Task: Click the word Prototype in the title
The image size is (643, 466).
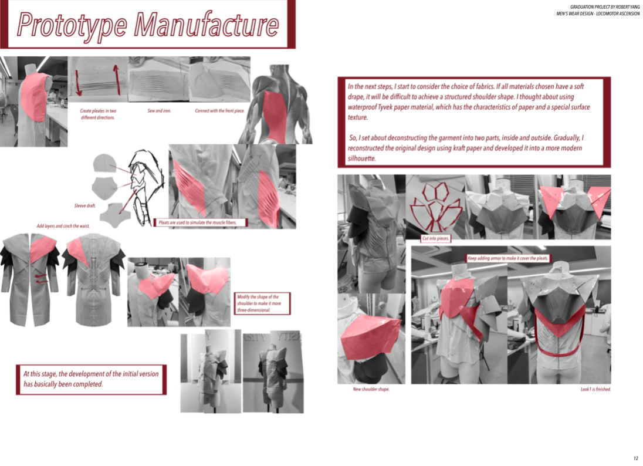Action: click(x=72, y=25)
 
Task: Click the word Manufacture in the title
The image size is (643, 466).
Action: click(x=207, y=24)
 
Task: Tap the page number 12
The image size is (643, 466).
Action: click(x=635, y=458)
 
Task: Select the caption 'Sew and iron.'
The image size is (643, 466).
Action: click(x=159, y=111)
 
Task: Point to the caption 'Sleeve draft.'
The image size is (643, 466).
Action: click(x=85, y=205)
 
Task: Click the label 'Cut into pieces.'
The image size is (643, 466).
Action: click(x=435, y=238)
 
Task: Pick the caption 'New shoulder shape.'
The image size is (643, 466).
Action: click(x=371, y=389)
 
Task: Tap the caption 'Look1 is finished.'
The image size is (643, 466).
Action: click(x=595, y=389)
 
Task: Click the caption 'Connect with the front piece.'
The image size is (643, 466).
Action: click(x=220, y=111)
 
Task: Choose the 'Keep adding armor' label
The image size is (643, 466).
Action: click(x=507, y=258)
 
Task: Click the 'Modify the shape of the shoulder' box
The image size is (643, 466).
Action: click(x=262, y=303)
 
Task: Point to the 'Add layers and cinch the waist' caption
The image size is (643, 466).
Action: click(x=63, y=226)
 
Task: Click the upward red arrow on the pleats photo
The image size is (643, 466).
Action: click(x=117, y=79)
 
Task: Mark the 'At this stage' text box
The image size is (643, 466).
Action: click(x=91, y=380)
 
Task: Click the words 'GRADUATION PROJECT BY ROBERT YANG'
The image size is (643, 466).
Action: click(x=604, y=7)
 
